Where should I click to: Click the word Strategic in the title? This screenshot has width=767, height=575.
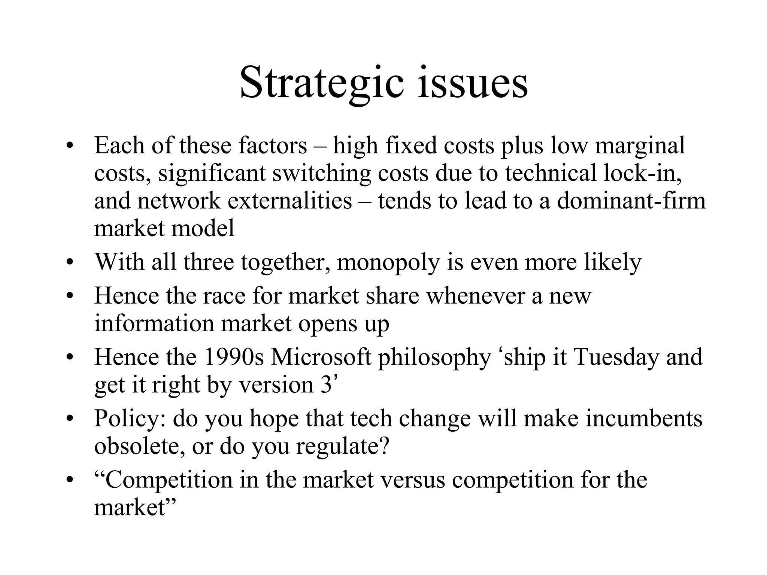[322, 83]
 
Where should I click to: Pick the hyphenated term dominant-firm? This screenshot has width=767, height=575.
[631, 201]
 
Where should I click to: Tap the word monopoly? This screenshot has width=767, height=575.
[388, 262]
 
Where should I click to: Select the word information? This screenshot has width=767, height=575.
[154, 323]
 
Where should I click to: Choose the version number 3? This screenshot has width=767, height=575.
[326, 385]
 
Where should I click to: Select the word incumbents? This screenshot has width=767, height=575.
[644, 419]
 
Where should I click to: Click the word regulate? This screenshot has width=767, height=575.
[342, 446]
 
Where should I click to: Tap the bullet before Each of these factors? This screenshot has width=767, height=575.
[69, 146]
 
